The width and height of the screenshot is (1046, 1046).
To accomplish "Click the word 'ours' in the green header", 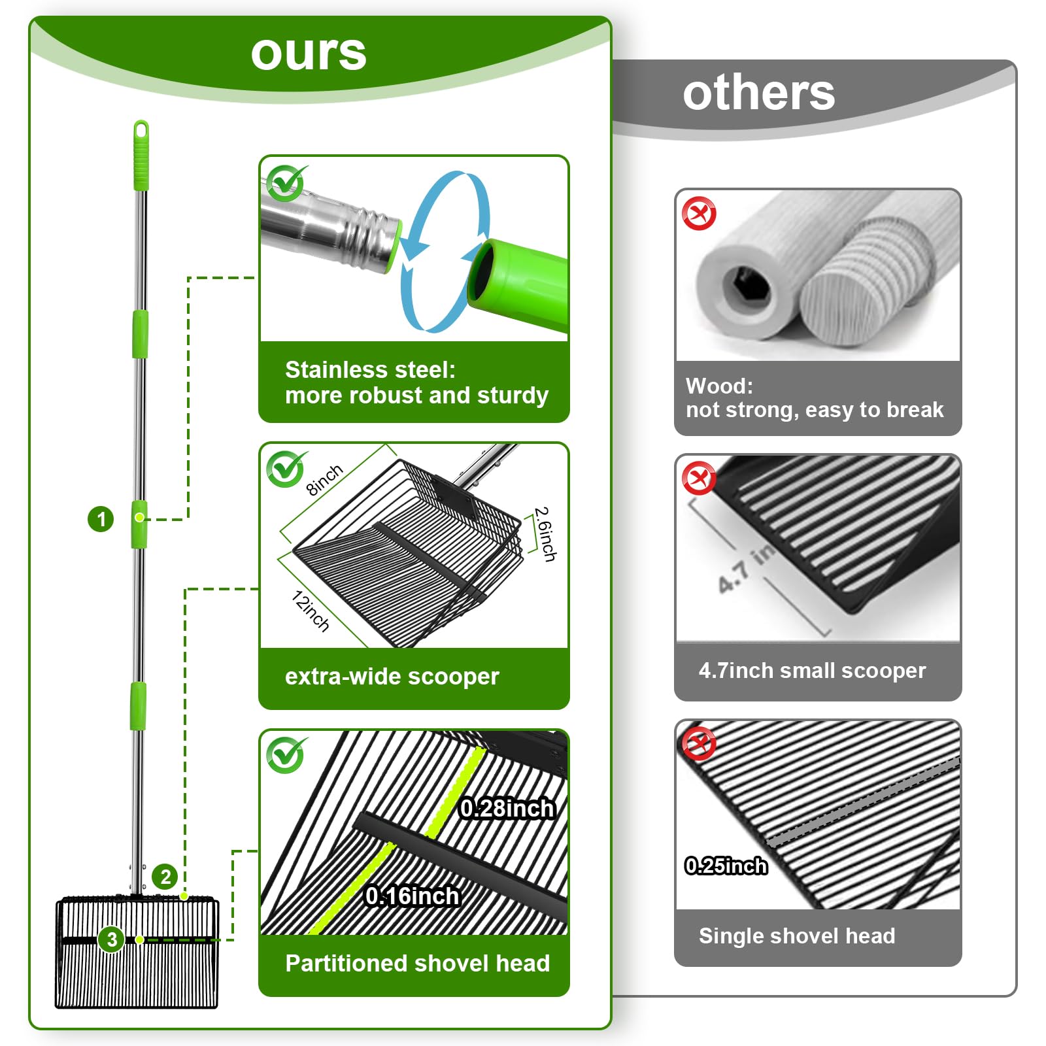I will click(x=309, y=53).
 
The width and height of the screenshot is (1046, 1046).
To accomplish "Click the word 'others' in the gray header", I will click(x=758, y=93).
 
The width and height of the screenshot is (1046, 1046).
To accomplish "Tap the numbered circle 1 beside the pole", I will click(x=101, y=519).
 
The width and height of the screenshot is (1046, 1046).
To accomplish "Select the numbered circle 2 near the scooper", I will click(x=165, y=877).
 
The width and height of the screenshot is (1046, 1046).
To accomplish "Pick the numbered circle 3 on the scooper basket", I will click(x=112, y=939).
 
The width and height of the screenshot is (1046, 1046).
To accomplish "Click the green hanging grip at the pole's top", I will click(x=141, y=154).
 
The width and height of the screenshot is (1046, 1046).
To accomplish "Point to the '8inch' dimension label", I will click(x=324, y=480).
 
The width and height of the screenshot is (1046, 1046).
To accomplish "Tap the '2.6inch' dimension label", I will click(x=545, y=533).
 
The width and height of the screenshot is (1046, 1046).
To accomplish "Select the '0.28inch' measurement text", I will click(x=507, y=809).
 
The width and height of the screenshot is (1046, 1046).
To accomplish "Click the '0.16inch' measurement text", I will click(x=412, y=896).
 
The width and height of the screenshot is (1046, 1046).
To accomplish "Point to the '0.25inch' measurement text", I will click(x=726, y=866).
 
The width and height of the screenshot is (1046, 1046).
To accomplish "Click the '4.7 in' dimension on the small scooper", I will click(x=746, y=569).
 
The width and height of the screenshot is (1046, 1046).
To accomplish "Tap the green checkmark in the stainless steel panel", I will click(x=286, y=184).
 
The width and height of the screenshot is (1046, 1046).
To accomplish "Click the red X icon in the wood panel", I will click(x=699, y=214).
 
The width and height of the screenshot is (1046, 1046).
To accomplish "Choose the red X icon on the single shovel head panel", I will click(x=699, y=743).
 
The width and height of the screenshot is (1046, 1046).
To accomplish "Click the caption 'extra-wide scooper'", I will click(x=392, y=677).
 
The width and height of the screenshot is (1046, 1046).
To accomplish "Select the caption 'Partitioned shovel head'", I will click(x=417, y=963).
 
